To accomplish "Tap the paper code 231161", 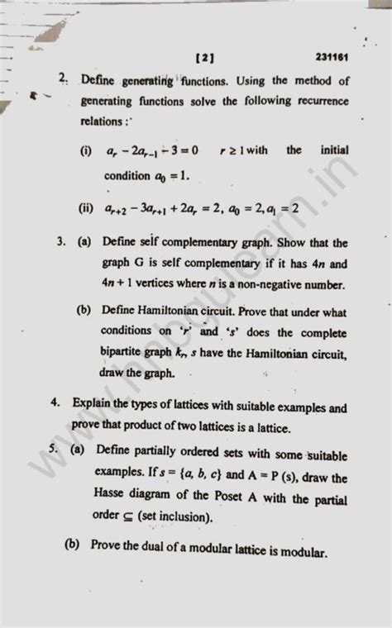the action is pos(331,59).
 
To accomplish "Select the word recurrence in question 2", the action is pos(318,101).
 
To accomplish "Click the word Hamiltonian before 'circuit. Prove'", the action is pos(182,312).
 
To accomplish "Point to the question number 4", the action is pos(54,407).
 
